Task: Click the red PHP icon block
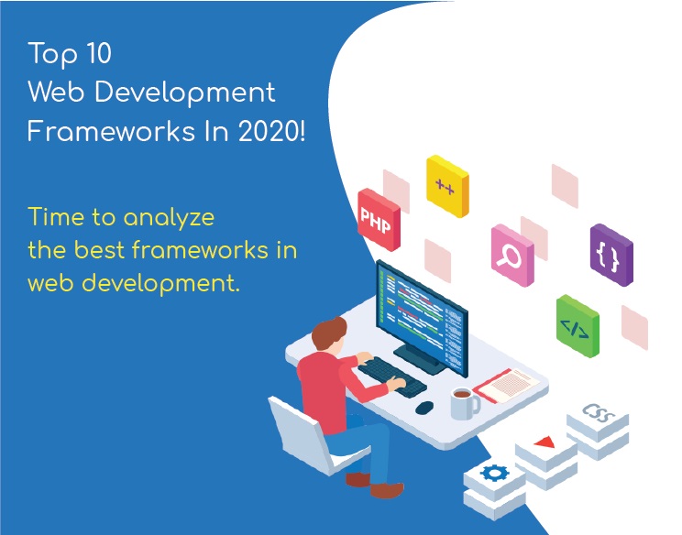pyautogui.click(x=379, y=220)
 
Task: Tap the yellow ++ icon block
pyautogui.click(x=447, y=186)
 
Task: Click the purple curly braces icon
pyautogui.click(x=610, y=255)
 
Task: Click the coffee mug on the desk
pyautogui.click(x=463, y=401)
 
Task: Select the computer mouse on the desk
pyautogui.click(x=423, y=407)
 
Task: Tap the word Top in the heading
pyautogui.click(x=48, y=54)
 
